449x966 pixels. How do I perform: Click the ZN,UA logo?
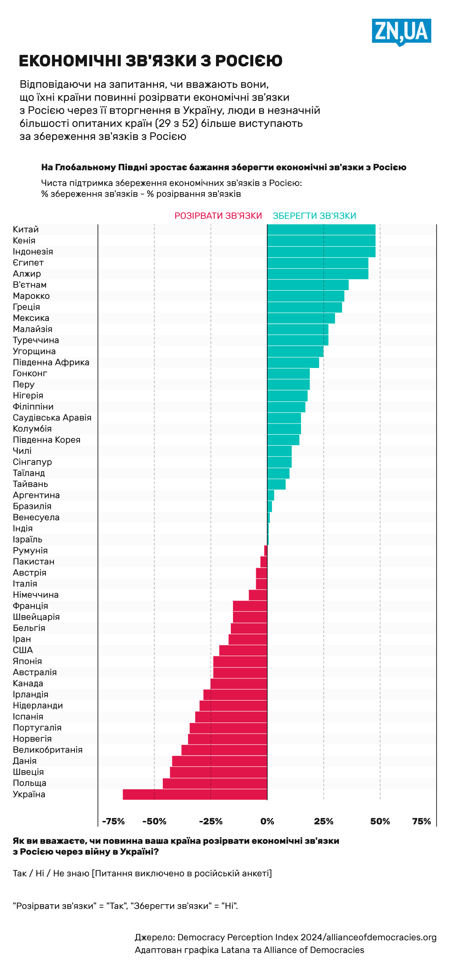[x=401, y=31]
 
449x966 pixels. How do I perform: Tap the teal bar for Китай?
[x=321, y=229]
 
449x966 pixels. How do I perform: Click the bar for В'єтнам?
[x=308, y=285]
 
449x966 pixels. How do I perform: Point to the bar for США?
[x=243, y=650]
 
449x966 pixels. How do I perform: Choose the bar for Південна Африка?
[x=293, y=363]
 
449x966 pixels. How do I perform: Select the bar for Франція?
[x=250, y=606]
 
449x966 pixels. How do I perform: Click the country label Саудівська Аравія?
[x=52, y=418]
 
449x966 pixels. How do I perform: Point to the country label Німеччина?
[x=35, y=595]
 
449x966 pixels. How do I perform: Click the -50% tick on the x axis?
[x=154, y=821]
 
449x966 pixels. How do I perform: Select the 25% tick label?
[x=323, y=821]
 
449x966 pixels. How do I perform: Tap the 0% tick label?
[x=267, y=821]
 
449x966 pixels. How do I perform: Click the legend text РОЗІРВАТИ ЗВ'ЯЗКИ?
[x=218, y=216]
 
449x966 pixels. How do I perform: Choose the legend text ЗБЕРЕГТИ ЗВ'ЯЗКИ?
[x=314, y=216]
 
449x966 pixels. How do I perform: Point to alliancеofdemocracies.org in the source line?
[x=381, y=937]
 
